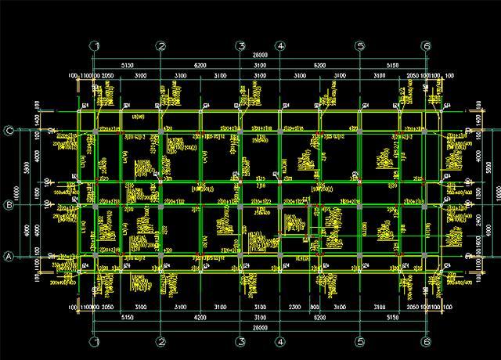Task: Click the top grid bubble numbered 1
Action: (95, 46)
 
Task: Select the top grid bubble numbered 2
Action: (160, 46)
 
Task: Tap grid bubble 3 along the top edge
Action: (241, 46)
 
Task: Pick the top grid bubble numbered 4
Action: (280, 46)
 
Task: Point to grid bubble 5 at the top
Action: (361, 46)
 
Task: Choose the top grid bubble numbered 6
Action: (426, 46)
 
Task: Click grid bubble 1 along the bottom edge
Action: (95, 342)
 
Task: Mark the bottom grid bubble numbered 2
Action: (160, 342)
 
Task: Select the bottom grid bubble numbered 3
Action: (241, 342)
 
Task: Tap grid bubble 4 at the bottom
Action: (280, 342)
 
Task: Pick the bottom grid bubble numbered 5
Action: (361, 342)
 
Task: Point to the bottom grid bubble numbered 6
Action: (426, 342)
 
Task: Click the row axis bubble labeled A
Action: (10, 256)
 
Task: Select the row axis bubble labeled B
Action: (10, 206)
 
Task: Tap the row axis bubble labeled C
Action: (10, 131)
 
